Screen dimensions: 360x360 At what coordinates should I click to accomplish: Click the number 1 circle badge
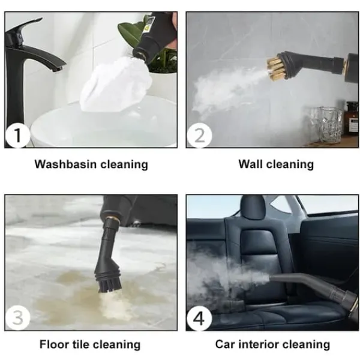coord(17,135)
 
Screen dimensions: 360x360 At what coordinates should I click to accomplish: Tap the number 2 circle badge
coord(199,135)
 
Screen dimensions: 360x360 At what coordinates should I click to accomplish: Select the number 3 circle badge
coord(17,317)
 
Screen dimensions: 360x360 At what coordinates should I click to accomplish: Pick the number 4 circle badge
coord(199,318)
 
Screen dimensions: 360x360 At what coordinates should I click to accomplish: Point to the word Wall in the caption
coord(250,164)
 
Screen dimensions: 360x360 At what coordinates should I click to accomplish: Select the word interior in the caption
coord(258,344)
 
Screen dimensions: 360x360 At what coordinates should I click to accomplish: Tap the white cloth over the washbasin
coord(116,86)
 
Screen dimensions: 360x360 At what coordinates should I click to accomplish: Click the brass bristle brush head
coord(275,66)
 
